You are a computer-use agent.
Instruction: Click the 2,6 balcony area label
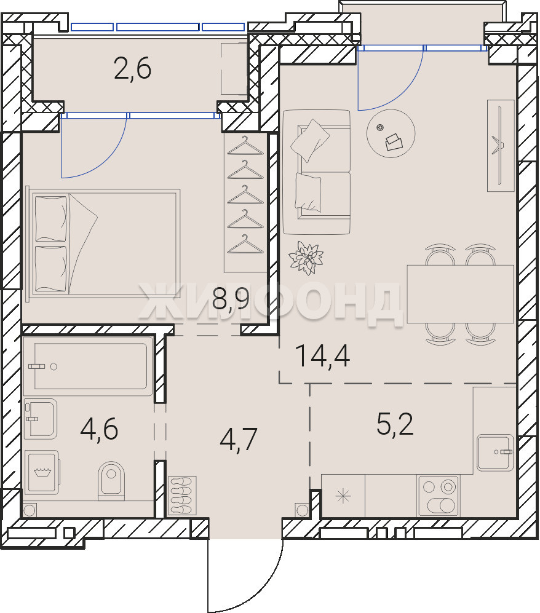(x=133, y=69)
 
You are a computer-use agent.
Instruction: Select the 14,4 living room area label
(x=323, y=356)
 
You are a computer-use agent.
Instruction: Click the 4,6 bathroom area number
(x=99, y=429)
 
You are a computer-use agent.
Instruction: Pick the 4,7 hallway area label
(x=239, y=440)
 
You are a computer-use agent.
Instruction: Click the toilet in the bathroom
(x=111, y=481)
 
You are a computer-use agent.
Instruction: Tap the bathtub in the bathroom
(x=87, y=366)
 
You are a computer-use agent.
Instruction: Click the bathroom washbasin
(x=40, y=419)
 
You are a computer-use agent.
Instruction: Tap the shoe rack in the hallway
(x=182, y=496)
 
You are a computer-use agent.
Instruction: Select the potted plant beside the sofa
(x=306, y=258)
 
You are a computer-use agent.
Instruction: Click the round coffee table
(x=391, y=133)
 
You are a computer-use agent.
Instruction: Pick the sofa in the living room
(x=316, y=172)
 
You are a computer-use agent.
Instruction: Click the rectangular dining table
(x=460, y=294)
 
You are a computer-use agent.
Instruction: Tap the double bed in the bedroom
(x=103, y=244)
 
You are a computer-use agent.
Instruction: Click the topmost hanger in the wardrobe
(x=245, y=146)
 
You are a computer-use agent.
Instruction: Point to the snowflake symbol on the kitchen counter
(x=343, y=496)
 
